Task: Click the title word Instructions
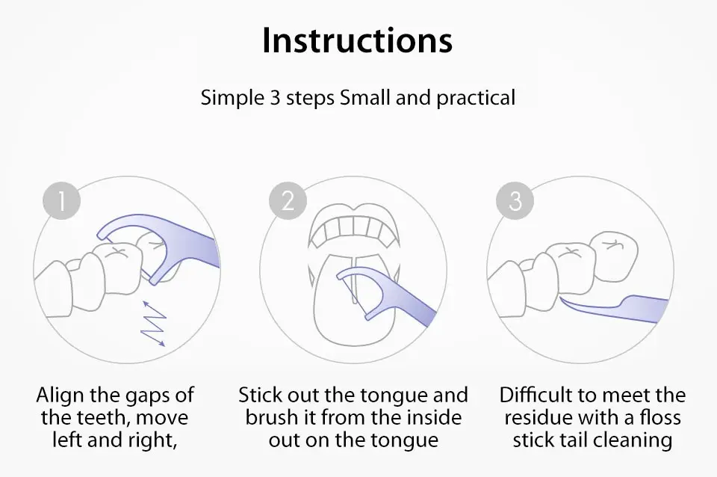point(358,40)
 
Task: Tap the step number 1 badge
point(62,200)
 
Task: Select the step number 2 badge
point(288,200)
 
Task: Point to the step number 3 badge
point(515,200)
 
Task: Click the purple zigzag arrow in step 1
point(154,324)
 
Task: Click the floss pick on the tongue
point(388,293)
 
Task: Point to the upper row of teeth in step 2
point(353,229)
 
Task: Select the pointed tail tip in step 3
point(561,298)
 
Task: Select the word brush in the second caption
point(269,417)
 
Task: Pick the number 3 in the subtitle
point(274,98)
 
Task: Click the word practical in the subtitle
point(476,98)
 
